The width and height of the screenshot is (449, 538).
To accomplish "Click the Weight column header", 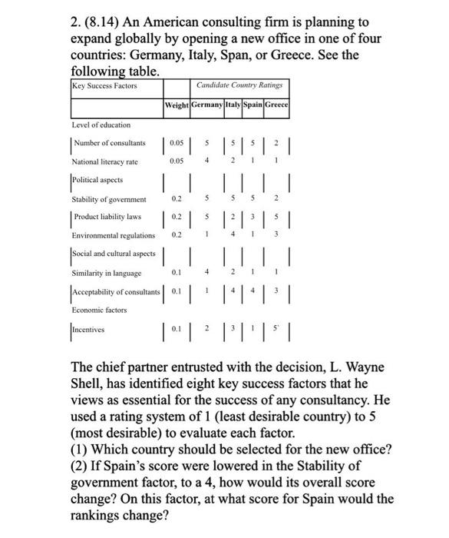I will pyautogui.click(x=176, y=105).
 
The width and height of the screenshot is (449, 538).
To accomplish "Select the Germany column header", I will pyautogui.click(x=206, y=105).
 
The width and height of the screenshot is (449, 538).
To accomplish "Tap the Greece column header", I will pyautogui.click(x=276, y=105).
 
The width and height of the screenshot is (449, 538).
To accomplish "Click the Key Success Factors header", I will pyautogui.click(x=104, y=85).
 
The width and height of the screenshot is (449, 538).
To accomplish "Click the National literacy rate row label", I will pyautogui.click(x=104, y=161).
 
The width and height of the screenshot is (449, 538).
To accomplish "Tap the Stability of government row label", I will pyautogui.click(x=108, y=198).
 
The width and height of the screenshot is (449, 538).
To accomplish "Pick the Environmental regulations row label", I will pyautogui.click(x=113, y=235).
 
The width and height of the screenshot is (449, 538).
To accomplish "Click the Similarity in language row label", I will pyautogui.click(x=106, y=272).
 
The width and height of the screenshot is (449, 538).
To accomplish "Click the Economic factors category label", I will pyautogui.click(x=100, y=309).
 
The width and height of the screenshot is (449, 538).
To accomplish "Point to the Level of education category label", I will pyautogui.click(x=101, y=125).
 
